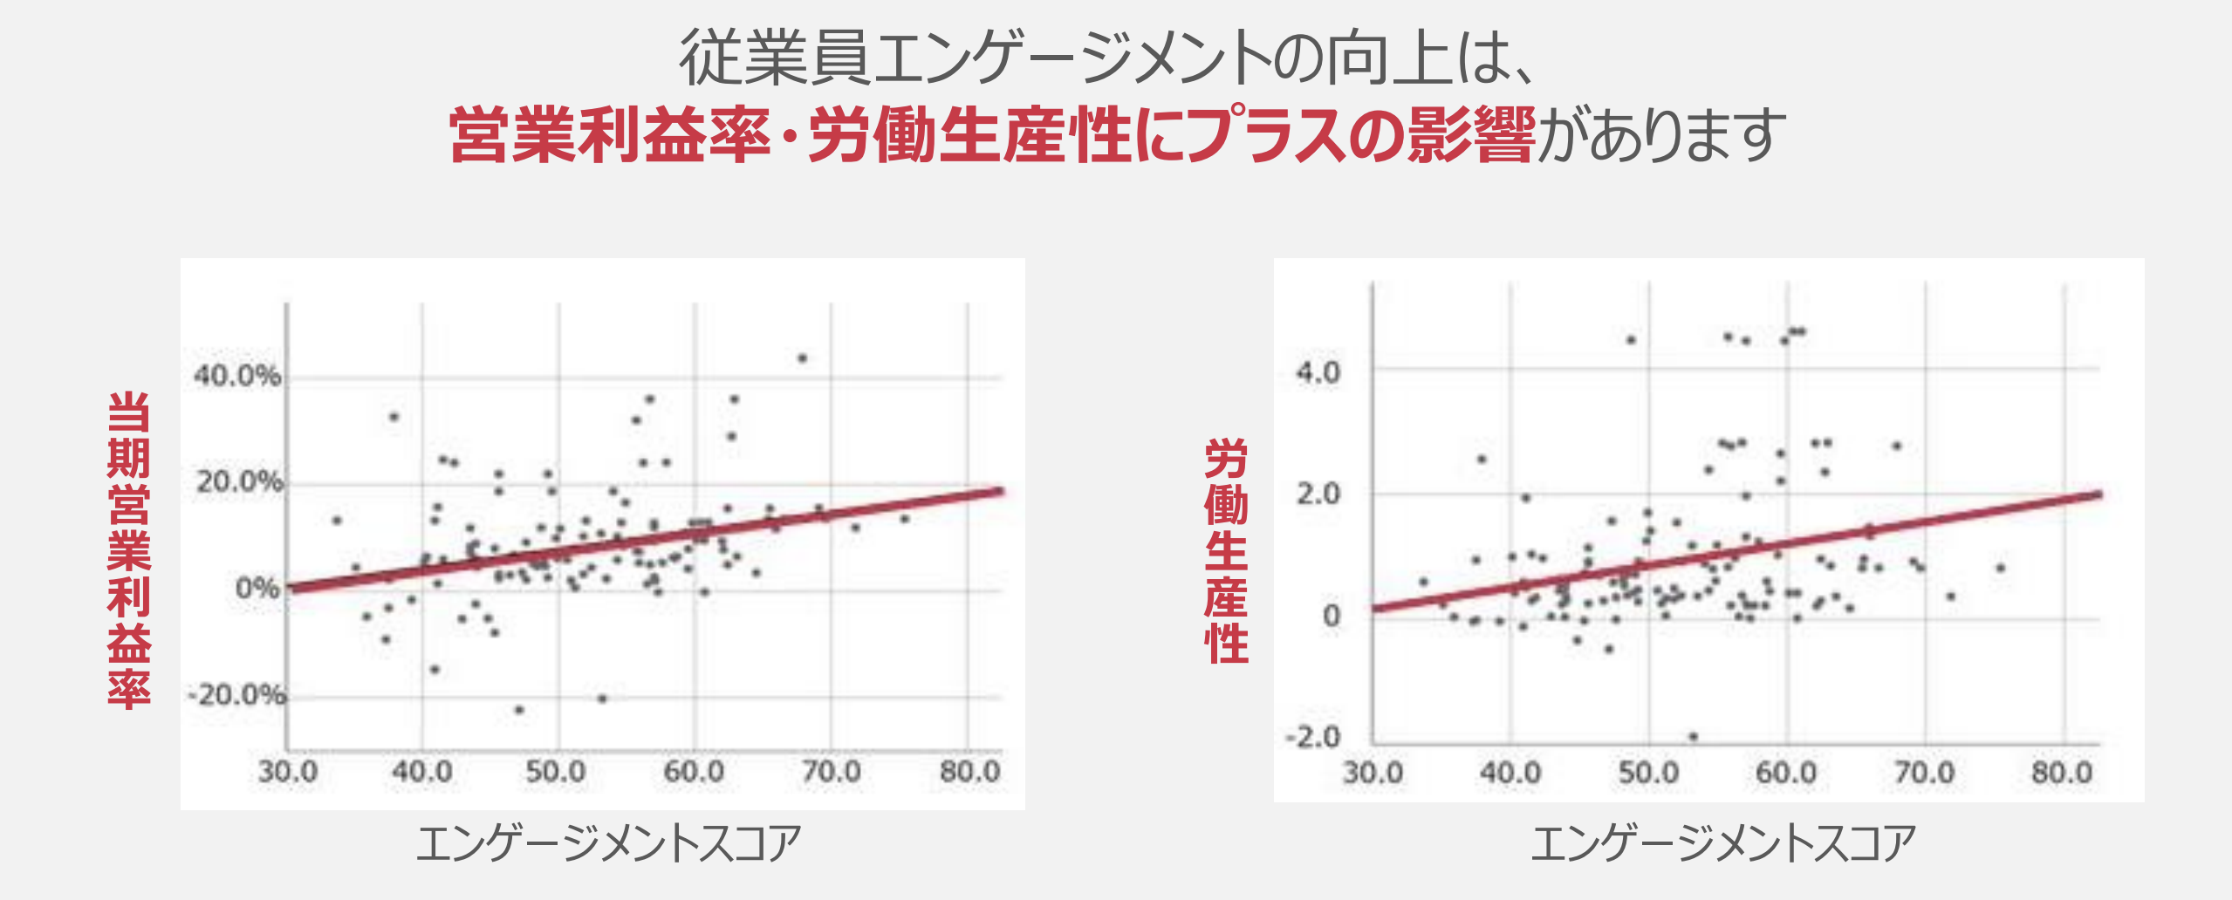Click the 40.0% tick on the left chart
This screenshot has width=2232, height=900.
point(237,376)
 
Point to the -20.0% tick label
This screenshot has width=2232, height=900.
point(237,695)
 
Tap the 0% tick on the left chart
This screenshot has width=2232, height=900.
point(257,589)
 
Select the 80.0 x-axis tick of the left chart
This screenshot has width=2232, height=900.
point(969,772)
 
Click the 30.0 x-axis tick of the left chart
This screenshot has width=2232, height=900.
point(288,772)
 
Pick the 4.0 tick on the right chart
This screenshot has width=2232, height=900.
point(1318,372)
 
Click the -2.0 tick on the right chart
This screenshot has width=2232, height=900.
point(1312,737)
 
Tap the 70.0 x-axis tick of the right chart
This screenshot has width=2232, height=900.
point(1924,773)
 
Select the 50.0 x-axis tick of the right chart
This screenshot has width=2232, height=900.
point(1648,773)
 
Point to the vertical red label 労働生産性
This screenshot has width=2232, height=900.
point(1226,551)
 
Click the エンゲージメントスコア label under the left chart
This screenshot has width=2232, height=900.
point(608,843)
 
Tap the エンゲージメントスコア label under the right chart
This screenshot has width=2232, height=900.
point(1723,843)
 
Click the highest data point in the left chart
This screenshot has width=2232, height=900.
point(803,358)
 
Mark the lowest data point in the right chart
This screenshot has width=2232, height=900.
point(1693,737)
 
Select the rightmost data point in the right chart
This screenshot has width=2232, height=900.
point(2001,568)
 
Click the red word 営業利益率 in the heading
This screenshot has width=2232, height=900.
point(610,136)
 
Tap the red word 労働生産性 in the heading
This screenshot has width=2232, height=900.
point(969,136)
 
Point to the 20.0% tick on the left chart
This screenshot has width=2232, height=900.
point(239,481)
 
